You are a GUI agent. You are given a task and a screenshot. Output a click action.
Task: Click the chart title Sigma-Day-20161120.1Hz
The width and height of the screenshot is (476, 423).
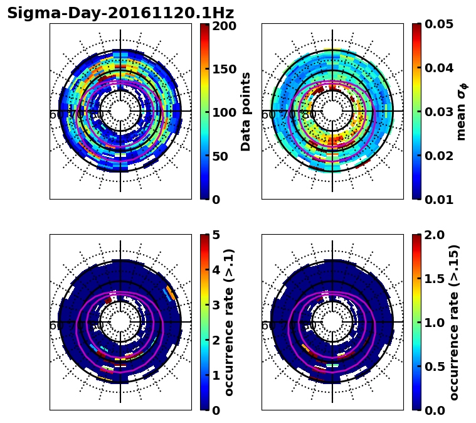[x=120, y=13]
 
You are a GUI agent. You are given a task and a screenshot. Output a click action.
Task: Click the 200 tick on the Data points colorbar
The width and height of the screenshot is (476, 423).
[x=224, y=26]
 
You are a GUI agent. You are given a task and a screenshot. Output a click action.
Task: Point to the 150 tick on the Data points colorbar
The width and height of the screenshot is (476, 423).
[x=224, y=69]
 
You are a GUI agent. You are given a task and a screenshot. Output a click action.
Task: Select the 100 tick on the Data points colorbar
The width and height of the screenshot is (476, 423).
[x=224, y=112]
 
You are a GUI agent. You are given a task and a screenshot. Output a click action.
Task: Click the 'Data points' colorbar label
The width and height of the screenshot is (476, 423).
[x=246, y=112]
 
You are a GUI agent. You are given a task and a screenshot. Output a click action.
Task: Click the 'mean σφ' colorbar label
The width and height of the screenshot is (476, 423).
[x=462, y=112]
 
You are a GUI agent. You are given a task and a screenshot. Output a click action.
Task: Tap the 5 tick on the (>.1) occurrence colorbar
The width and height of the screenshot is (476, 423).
[x=215, y=235]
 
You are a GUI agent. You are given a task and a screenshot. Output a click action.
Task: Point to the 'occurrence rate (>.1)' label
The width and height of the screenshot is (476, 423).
[x=230, y=323]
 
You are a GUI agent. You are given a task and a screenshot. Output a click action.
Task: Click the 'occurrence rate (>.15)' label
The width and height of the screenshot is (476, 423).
[x=454, y=323]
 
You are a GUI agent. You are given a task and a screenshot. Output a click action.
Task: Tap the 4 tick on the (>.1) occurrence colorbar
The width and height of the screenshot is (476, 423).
[x=215, y=270]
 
